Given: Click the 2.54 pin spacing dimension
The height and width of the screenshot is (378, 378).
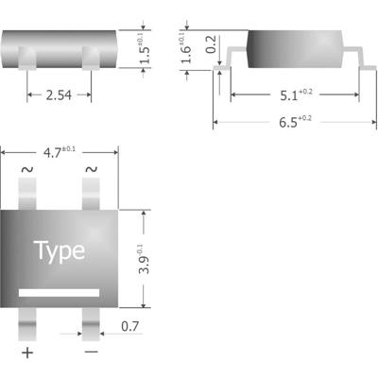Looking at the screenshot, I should click(58, 95).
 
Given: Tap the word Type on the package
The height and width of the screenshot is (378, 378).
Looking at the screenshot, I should click(60, 250).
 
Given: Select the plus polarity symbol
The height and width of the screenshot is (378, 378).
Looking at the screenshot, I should click(27, 353).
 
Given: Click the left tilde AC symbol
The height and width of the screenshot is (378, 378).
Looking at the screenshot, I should click(26, 170).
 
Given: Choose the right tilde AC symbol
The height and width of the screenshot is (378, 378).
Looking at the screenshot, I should click(92, 170).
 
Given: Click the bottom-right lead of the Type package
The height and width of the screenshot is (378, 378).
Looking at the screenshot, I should click(91, 322).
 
